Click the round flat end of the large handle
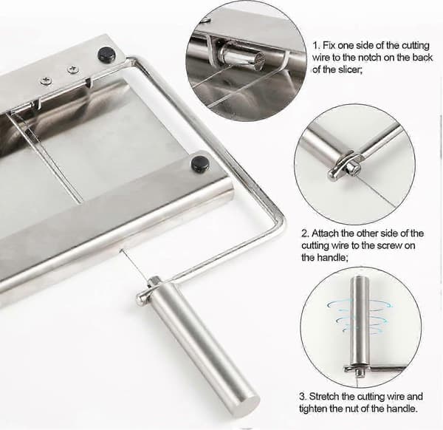point(248,400)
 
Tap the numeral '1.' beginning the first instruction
point(316,45)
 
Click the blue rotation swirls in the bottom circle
point(359,316)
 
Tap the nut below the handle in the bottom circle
point(360,373)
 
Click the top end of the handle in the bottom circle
point(360,279)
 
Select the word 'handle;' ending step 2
point(325,258)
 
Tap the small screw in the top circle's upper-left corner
point(207,21)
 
